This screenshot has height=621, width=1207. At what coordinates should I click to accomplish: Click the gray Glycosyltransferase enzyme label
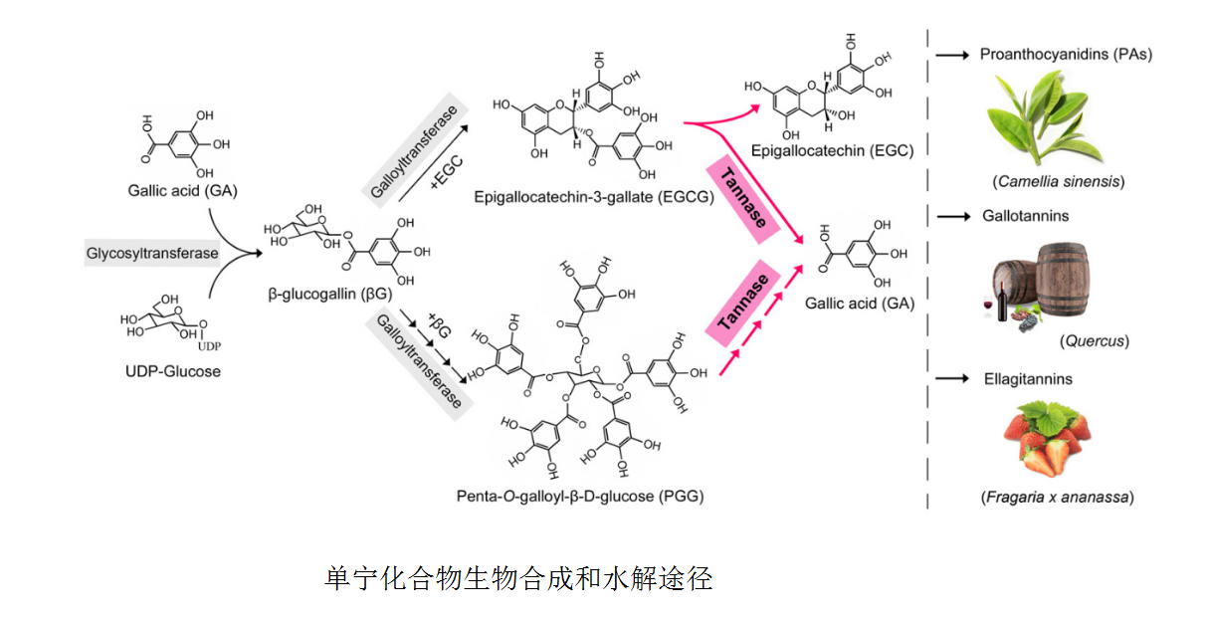pos(151,253)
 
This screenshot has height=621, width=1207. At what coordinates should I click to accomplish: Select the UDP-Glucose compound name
pos(174,371)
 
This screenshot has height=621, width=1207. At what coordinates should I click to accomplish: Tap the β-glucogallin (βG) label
pos(328,294)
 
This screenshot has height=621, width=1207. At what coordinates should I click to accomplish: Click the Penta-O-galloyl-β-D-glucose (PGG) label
pos(580,496)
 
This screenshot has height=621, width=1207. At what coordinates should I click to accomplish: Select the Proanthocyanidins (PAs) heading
pos(1066,55)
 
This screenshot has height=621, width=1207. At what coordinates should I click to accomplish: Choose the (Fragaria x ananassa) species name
pos(1057,497)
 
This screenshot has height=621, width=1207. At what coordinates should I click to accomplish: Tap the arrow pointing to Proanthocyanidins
pos(952,56)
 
